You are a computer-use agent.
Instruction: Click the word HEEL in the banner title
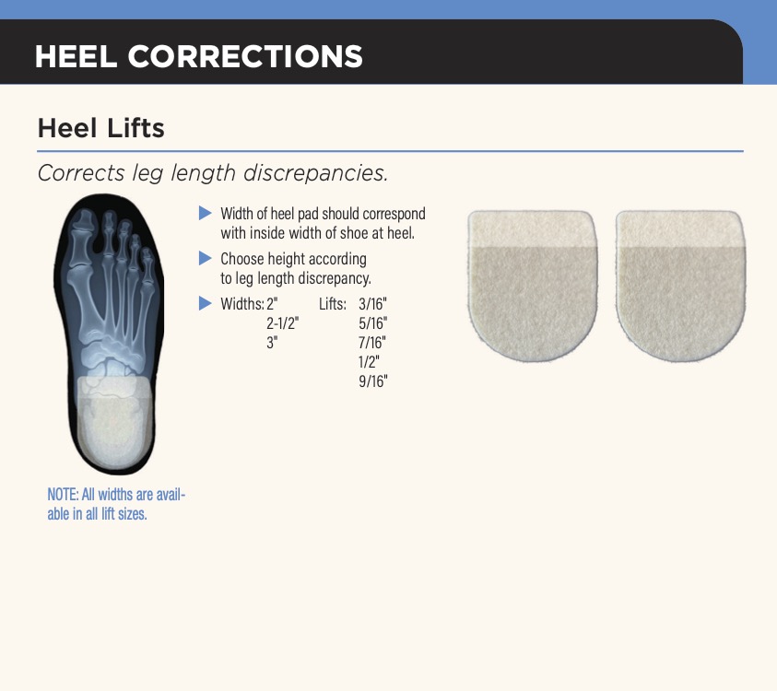(x=76, y=56)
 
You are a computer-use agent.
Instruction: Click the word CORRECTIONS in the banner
(x=245, y=56)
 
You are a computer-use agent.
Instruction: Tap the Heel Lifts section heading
(x=101, y=128)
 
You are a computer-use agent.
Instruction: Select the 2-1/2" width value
(x=282, y=323)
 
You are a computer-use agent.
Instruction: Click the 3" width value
(x=272, y=343)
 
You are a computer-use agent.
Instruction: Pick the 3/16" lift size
(x=372, y=304)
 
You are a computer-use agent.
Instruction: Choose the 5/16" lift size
(x=372, y=323)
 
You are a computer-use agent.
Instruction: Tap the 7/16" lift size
(x=372, y=343)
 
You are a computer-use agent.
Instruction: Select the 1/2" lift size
(x=369, y=362)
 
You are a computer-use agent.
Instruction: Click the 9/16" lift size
(x=372, y=381)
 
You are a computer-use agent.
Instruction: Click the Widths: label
(x=242, y=304)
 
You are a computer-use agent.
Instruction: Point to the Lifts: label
(x=333, y=304)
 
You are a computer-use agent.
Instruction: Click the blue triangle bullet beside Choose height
(x=206, y=258)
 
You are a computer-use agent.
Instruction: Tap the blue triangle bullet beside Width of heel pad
(x=206, y=213)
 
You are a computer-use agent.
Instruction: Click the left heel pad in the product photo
(x=533, y=285)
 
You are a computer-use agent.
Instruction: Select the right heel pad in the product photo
(x=680, y=285)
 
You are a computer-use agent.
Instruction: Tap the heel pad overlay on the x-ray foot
(x=115, y=421)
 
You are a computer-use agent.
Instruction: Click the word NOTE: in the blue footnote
(x=63, y=495)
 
